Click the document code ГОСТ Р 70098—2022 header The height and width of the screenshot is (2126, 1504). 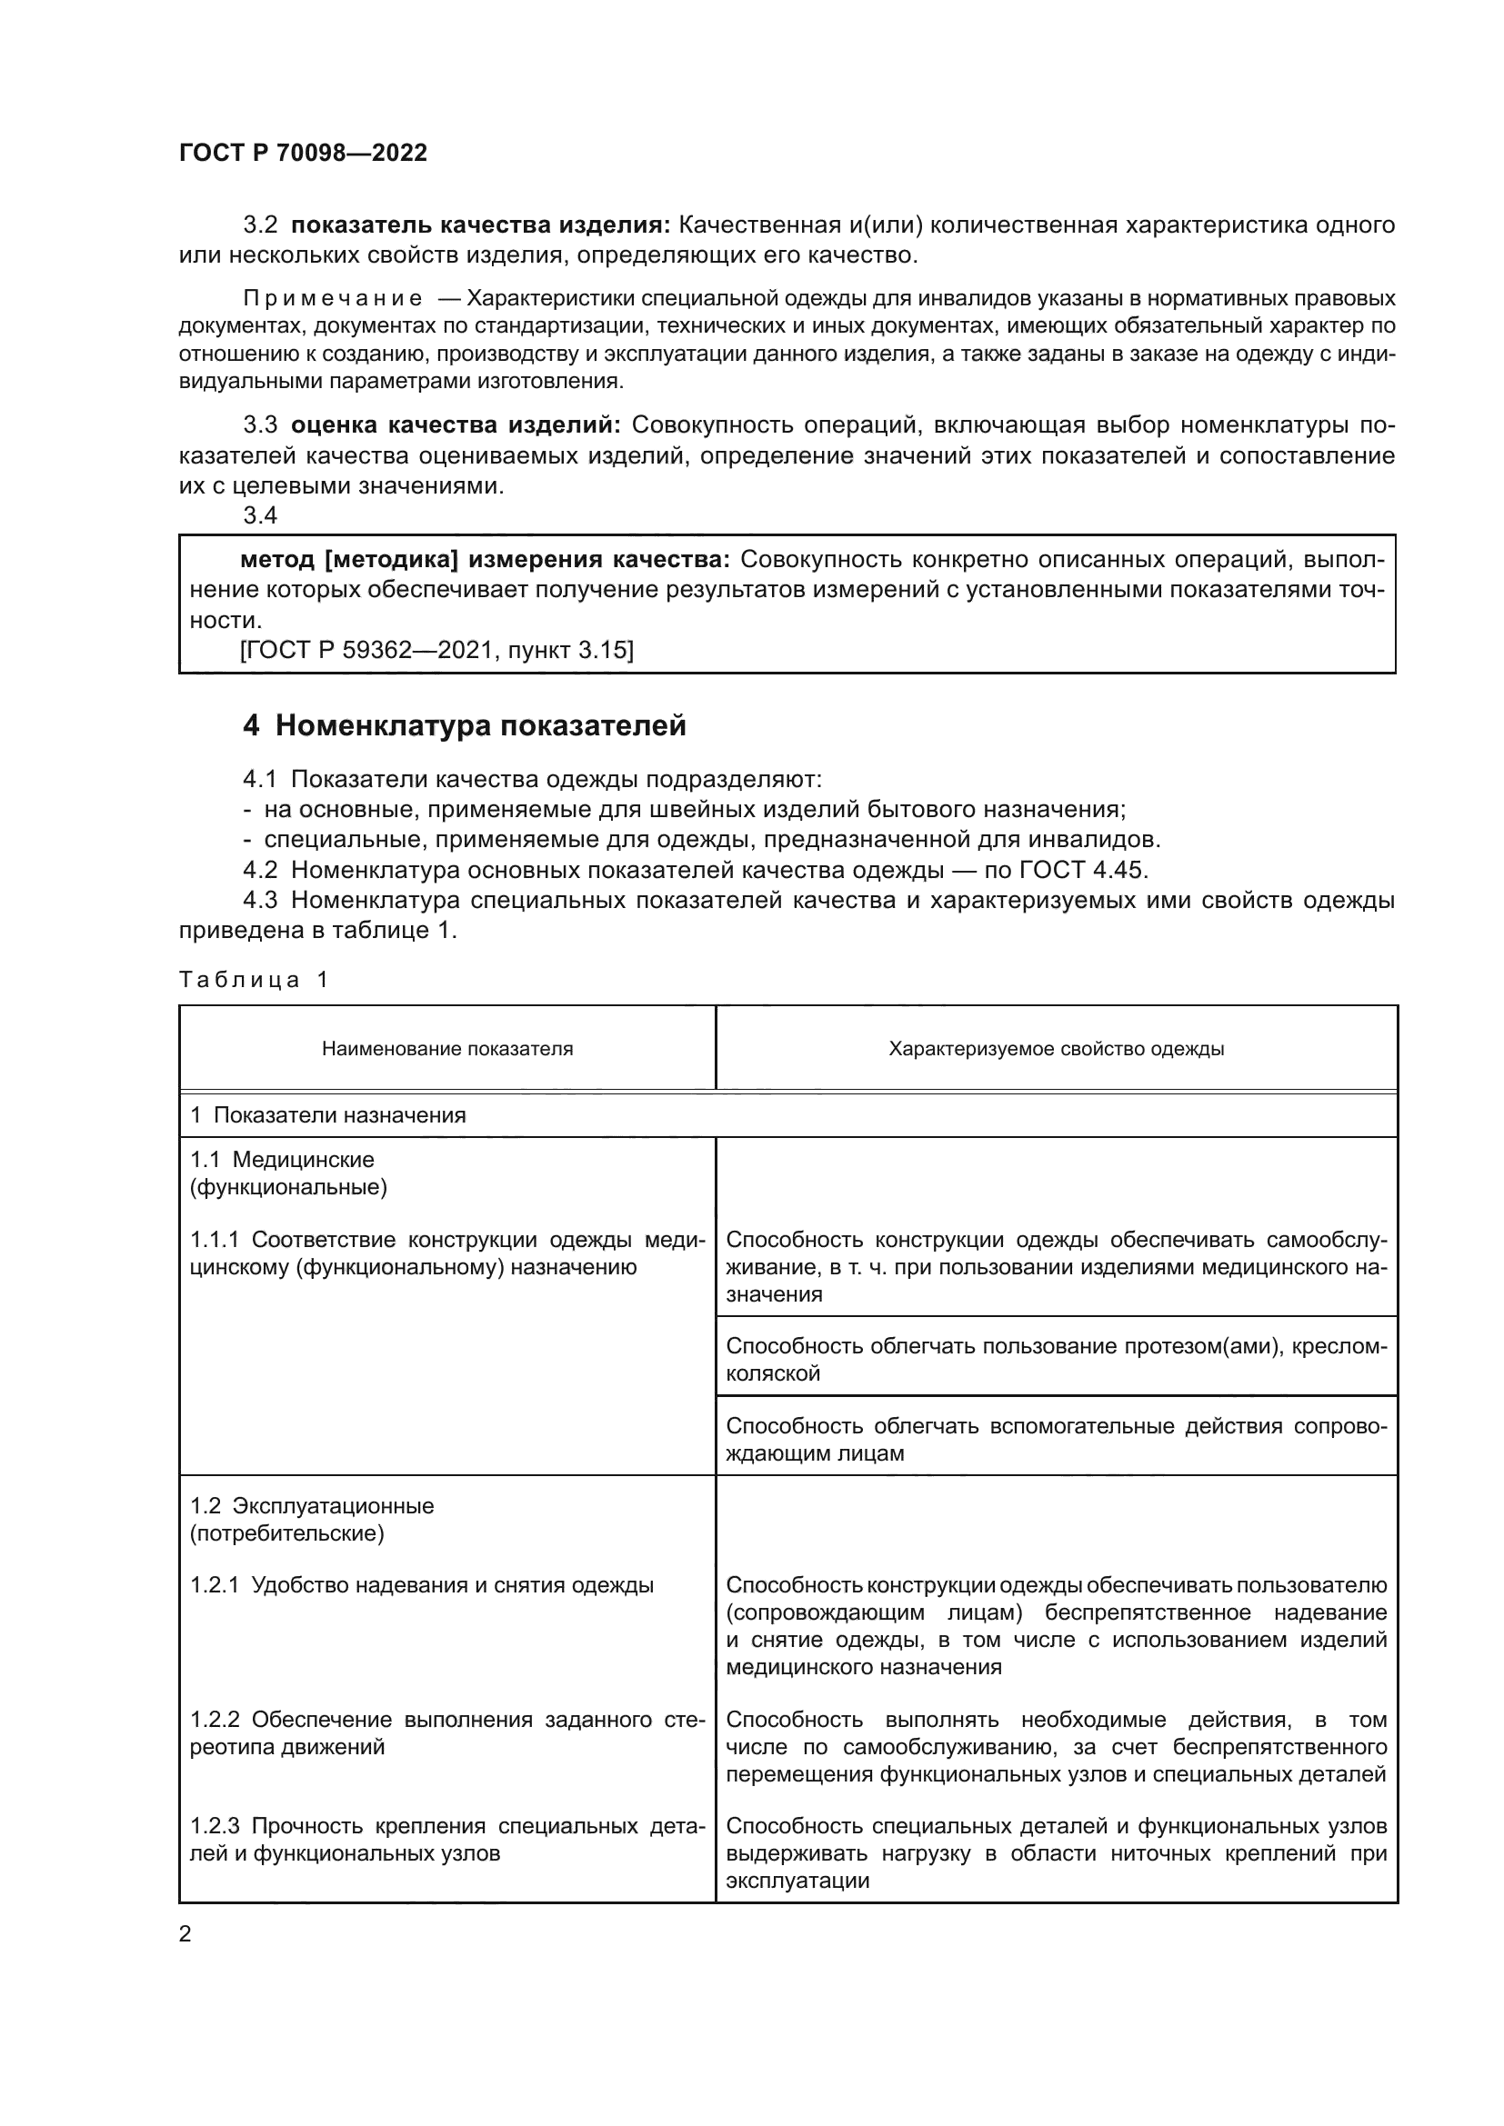(x=303, y=153)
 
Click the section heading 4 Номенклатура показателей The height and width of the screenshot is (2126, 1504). (x=464, y=726)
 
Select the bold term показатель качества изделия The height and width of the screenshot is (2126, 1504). (x=481, y=225)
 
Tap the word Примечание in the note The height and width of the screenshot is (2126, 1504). (x=333, y=299)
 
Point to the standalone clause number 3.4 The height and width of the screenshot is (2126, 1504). (x=260, y=515)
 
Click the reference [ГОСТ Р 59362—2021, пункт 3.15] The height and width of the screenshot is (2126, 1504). (x=436, y=651)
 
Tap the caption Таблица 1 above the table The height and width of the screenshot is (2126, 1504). (x=254, y=980)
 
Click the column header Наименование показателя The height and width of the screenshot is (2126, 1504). (x=447, y=1049)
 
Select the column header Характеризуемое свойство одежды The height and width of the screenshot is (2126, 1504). (x=1056, y=1049)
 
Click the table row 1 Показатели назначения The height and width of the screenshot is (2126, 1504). (x=328, y=1115)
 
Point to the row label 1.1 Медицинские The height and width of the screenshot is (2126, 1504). (x=282, y=1160)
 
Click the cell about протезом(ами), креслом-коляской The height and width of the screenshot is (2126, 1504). (x=1056, y=1359)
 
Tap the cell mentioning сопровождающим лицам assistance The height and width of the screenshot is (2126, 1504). (x=1056, y=1439)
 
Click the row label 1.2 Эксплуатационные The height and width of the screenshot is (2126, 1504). (x=311, y=1506)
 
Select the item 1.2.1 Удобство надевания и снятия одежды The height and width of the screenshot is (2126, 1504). (x=422, y=1586)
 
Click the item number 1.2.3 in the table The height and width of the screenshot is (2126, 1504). (x=215, y=1827)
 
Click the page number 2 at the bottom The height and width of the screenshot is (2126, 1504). (x=185, y=1934)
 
